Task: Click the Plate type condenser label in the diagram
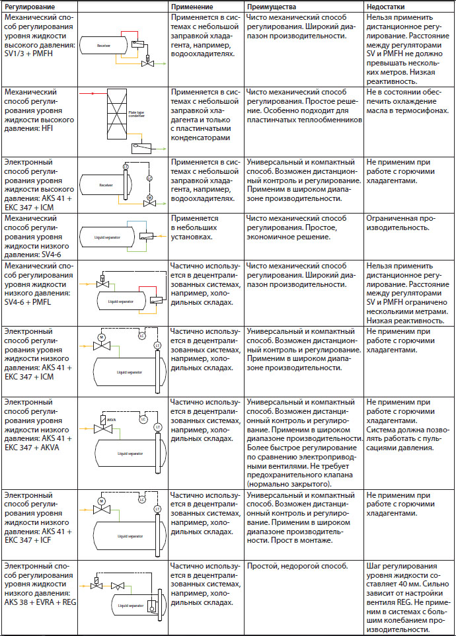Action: click(x=137, y=114)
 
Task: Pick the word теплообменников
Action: click(x=330, y=120)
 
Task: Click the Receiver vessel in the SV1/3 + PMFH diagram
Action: click(x=104, y=46)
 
